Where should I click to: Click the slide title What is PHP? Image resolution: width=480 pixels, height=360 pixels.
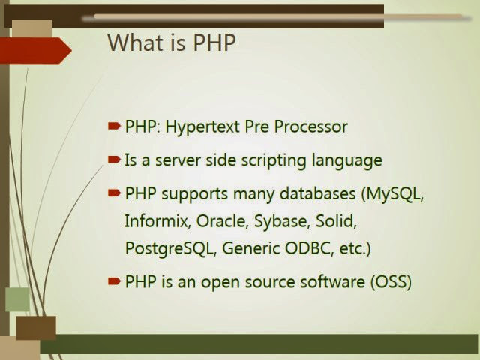pos(172,43)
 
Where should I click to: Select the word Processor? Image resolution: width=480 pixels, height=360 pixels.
pos(310,127)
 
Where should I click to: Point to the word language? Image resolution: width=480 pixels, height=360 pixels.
pos(347,160)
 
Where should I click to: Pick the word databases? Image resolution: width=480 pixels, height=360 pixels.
pos(318,193)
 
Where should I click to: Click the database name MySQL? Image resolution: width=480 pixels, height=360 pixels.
pos(393,194)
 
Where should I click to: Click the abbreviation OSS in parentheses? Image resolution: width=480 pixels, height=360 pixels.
pos(391,282)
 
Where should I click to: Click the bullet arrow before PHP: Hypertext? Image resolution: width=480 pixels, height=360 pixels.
pos(114,126)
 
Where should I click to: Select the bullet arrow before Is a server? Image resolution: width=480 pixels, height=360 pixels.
pos(114,160)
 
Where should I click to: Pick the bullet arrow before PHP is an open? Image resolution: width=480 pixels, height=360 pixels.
pos(114,280)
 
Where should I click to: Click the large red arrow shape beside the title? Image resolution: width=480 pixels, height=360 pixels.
pos(36,51)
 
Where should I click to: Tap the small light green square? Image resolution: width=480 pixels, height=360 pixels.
pos(18,299)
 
